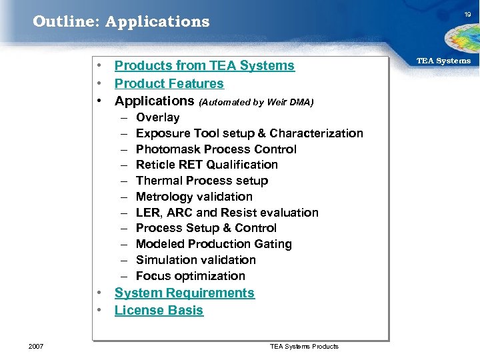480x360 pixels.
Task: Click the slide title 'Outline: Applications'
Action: [121, 21]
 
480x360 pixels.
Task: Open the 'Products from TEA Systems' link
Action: [204, 65]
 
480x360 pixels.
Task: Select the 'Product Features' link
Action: [169, 83]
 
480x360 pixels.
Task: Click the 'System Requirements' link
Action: [185, 293]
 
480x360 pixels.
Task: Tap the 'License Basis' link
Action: [159, 310]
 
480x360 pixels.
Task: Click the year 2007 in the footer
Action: [36, 346]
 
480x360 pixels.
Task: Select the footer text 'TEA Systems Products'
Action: [304, 346]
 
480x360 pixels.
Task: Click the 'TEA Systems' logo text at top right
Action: [443, 61]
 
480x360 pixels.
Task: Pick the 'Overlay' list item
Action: [157, 117]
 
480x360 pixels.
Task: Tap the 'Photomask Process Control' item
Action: [216, 149]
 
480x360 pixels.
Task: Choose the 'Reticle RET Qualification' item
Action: [207, 165]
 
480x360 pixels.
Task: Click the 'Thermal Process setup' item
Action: [201, 181]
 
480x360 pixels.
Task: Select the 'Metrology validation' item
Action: [194, 197]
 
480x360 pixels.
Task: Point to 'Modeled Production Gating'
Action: [213, 244]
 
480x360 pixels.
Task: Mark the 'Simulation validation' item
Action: [195, 260]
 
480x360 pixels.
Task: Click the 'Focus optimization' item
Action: [190, 276]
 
